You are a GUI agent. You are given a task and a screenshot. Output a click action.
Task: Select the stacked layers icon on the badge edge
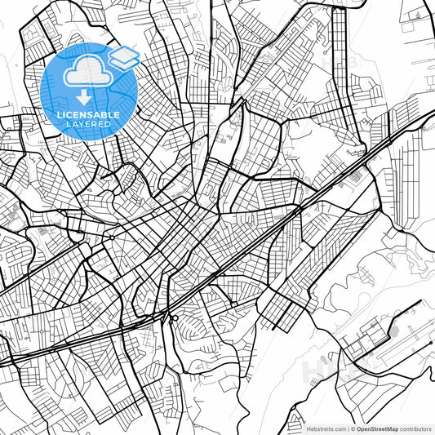click(123, 57)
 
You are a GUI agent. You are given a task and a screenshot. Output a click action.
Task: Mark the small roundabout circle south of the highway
click(174, 317)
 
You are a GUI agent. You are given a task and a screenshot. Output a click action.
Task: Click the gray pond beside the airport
click(389, 333)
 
